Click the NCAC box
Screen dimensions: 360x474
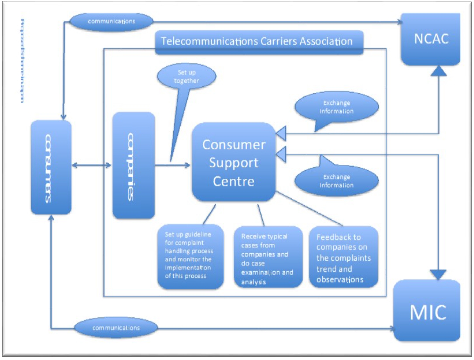coord(431,39)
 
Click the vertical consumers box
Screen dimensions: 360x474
coord(51,167)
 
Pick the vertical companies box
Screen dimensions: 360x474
coord(133,165)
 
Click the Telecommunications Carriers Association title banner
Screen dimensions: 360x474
coord(259,42)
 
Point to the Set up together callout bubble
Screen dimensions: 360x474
coord(187,77)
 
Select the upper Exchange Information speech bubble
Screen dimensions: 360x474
coord(336,107)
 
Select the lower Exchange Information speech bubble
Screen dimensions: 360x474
coord(336,181)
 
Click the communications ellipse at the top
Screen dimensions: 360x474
coord(111,21)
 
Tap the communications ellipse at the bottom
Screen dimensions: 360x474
coord(116,328)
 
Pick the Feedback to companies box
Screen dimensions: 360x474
coord(343,257)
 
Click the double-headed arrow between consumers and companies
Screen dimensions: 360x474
coord(92,165)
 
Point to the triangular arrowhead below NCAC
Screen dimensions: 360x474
coord(438,71)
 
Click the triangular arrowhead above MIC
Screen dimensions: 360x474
coord(438,274)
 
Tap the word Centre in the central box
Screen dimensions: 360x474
coord(233,181)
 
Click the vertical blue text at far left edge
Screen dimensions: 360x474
coord(22,61)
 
